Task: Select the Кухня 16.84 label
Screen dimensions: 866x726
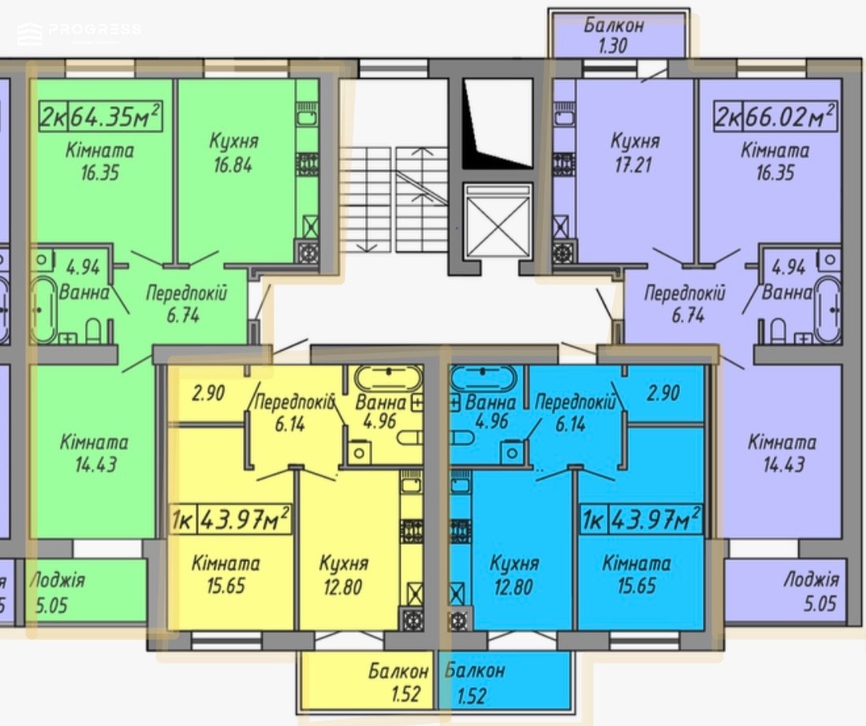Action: [x=233, y=152]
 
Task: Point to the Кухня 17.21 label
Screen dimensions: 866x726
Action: [x=634, y=152]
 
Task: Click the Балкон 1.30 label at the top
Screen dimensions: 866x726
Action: [x=614, y=35]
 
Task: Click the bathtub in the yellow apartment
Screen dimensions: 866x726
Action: [x=389, y=378]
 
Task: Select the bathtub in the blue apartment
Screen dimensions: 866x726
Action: [x=482, y=378]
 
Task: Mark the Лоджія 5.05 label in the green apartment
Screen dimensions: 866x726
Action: [x=56, y=593]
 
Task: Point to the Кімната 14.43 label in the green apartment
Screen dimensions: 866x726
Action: [x=95, y=453]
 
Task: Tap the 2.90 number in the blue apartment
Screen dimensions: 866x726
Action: [x=663, y=393]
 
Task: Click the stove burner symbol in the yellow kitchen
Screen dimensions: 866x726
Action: [x=411, y=620]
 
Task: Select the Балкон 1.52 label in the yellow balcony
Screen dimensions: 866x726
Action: [x=398, y=683]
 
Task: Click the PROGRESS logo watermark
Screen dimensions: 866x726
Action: [x=79, y=32]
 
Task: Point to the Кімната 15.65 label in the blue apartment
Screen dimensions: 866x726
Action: [x=636, y=574]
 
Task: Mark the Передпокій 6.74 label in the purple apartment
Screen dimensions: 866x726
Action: [x=685, y=303]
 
